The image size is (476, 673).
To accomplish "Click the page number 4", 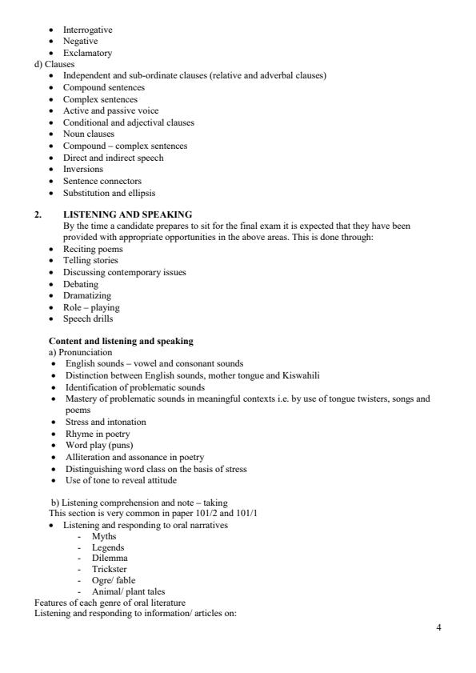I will [x=438, y=627].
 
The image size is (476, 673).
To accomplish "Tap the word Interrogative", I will [x=88, y=30].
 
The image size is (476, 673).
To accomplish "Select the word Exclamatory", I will [x=86, y=53].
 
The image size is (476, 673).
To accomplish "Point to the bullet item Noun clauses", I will [x=89, y=134].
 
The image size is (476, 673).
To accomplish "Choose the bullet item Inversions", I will [x=83, y=169].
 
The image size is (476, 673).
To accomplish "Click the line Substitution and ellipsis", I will [x=110, y=192].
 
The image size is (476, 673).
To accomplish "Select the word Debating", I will [x=81, y=284].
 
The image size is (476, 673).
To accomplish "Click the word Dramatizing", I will [x=87, y=295].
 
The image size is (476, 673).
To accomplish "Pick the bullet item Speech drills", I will [x=88, y=318].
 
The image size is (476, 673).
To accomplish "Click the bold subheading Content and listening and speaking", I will [x=121, y=341].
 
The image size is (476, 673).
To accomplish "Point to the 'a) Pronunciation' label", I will [x=81, y=352].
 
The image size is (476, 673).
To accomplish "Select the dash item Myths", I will [x=104, y=535].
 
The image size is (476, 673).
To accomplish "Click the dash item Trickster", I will [x=108, y=570].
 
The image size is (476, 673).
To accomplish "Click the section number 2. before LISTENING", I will [x=38, y=214].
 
